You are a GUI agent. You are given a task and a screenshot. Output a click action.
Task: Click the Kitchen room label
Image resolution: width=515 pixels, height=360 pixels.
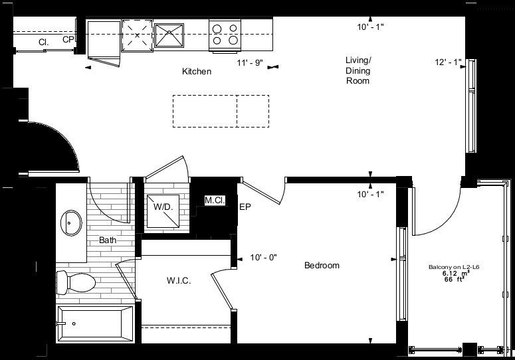197,71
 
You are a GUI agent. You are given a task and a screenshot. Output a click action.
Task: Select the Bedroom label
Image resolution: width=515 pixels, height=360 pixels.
322,266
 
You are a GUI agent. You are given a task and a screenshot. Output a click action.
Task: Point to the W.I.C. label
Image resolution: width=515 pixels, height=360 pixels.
179,281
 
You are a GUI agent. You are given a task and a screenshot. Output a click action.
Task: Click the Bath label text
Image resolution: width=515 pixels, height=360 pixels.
108,240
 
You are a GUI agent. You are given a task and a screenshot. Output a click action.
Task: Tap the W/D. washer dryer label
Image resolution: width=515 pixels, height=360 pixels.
162,207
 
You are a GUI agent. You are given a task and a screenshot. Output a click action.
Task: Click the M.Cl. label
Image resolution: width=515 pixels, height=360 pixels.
213,200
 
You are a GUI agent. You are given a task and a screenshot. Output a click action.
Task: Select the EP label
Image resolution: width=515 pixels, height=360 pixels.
245,207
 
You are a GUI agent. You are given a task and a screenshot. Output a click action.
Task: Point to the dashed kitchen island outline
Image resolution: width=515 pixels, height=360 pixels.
221,111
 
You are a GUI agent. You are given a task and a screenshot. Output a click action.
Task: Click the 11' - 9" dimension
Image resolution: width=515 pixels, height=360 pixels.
251,63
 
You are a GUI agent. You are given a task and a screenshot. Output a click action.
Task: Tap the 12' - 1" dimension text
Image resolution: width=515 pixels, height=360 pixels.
448,63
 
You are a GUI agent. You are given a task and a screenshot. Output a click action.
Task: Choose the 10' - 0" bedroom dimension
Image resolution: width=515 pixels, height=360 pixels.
263,257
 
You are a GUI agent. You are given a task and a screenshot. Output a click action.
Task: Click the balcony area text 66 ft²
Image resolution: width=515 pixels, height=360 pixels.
453,280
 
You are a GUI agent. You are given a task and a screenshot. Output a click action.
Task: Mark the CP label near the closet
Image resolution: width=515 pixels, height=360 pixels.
68,40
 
